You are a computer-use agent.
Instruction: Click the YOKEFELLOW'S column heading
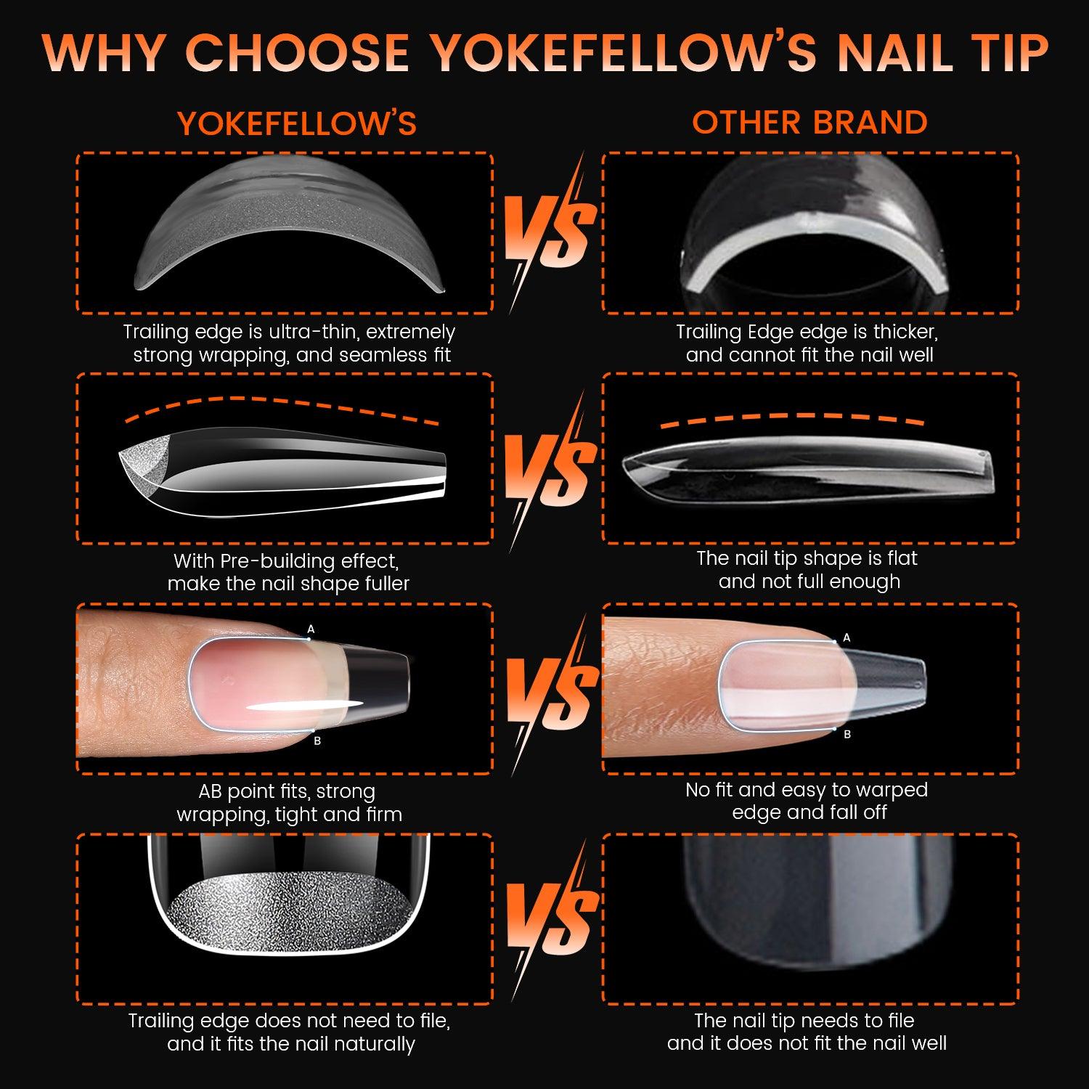tap(297, 123)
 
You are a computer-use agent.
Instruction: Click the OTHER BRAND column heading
tap(809, 122)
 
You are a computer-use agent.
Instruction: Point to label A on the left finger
tap(311, 629)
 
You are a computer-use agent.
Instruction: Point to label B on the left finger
tap(317, 741)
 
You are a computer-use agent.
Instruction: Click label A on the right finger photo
tap(846, 638)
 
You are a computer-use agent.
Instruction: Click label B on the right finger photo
tap(847, 735)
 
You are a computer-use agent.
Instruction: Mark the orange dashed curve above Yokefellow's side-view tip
tap(282, 408)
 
